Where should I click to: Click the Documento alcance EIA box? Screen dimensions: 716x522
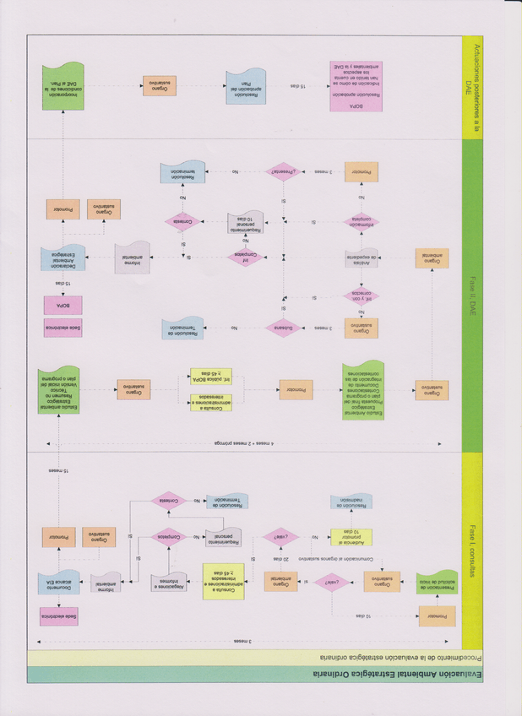59,582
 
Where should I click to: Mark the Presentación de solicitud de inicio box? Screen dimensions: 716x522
436,582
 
